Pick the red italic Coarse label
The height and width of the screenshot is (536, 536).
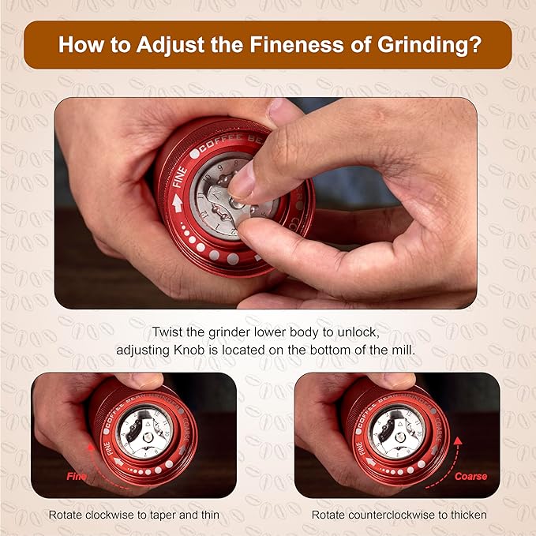470,476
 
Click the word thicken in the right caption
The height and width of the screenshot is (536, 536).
468,515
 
